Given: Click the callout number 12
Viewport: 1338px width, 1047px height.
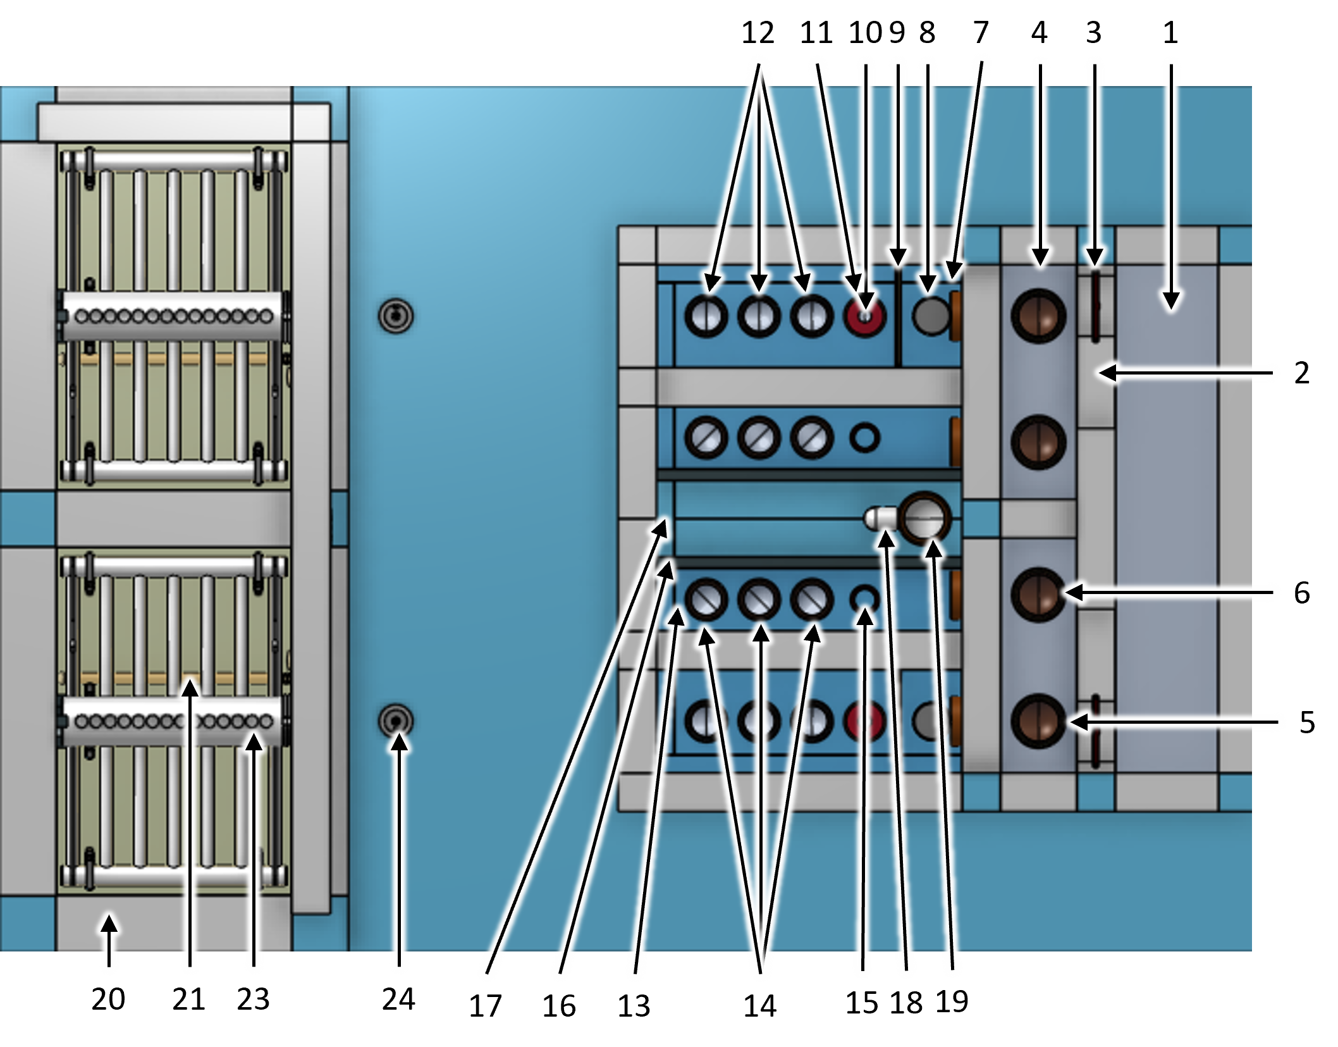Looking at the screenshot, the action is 758,33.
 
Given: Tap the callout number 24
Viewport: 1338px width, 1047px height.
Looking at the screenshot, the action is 398,999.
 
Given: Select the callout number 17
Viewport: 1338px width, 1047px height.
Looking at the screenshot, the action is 485,1005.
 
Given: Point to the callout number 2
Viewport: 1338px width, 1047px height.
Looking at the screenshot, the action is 1301,373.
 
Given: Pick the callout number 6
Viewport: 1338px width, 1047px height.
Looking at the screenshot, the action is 1301,593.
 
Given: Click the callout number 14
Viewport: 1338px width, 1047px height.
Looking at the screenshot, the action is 759,1005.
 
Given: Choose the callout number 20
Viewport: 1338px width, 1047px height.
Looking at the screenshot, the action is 108,999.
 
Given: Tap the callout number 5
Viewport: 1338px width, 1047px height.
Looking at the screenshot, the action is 1307,722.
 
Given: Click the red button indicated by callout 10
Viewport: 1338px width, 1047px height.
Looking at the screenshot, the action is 864,316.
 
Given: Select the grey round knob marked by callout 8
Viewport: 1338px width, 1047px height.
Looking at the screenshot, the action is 930,316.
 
